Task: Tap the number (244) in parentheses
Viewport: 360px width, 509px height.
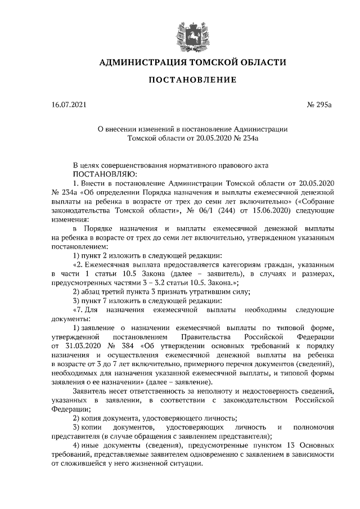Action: [237, 208]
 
